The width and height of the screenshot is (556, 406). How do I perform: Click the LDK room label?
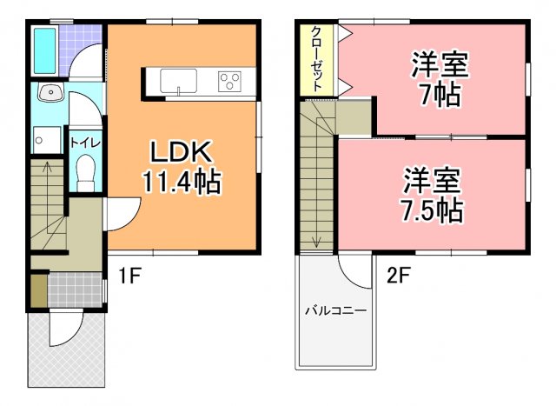(x=182, y=153)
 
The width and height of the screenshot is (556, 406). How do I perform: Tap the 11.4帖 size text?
(x=182, y=183)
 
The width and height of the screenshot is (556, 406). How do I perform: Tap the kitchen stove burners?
(x=231, y=82)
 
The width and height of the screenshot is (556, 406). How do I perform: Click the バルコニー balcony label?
(x=334, y=309)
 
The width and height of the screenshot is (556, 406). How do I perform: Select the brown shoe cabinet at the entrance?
(x=38, y=290)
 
